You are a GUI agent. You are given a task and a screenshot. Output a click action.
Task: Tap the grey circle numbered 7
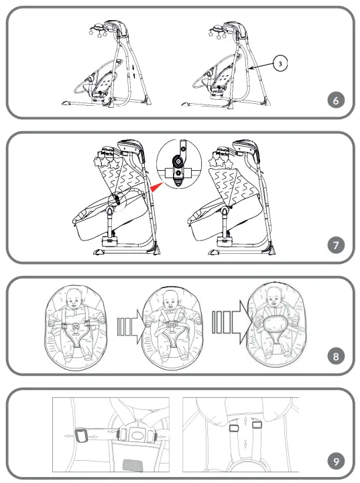[x=337, y=245]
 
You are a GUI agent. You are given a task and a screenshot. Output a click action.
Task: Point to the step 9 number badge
[x=337, y=462]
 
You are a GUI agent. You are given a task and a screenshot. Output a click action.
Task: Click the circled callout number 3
[x=283, y=63]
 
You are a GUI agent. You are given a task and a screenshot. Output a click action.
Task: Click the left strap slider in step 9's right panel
[x=235, y=427]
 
